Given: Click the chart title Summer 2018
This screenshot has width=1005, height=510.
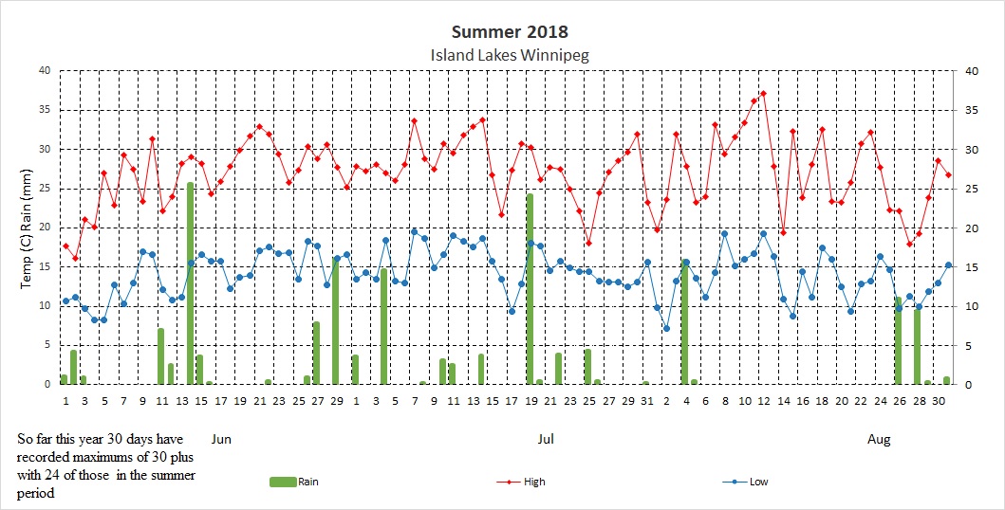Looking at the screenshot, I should point(509,33).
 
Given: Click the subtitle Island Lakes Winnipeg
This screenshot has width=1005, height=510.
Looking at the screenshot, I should point(510,55).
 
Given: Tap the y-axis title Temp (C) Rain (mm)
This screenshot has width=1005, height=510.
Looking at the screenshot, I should point(29,228).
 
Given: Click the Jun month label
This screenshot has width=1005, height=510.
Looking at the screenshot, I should point(219,439).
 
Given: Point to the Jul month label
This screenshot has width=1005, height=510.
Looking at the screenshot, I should point(546,439).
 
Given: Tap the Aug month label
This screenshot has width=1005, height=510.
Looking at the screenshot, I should point(880,439).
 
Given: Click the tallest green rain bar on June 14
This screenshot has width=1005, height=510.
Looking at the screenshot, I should point(191,284).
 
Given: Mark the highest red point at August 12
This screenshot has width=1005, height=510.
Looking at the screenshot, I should point(763,94).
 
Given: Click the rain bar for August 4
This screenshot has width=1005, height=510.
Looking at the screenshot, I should point(685,322).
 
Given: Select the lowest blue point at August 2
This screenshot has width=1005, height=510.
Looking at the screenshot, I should point(666,329).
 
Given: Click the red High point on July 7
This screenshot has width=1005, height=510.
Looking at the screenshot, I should point(414,120).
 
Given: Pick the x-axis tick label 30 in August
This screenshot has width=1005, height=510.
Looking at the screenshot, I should point(938,402).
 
